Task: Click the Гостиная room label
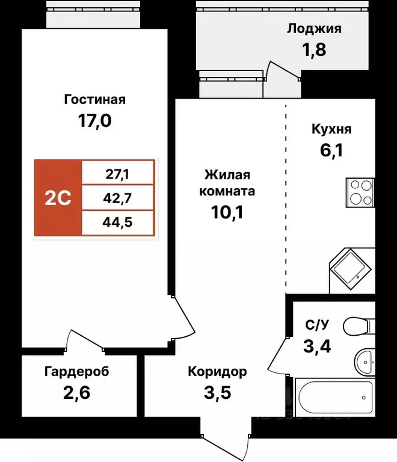tap(94, 99)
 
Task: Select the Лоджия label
tap(314, 28)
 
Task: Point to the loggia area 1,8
tap(314, 49)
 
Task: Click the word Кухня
tap(331, 129)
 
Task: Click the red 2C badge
tap(58, 198)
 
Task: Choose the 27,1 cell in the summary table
tap(118, 175)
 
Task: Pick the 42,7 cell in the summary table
tap(118, 198)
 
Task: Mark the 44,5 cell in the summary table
tap(118, 222)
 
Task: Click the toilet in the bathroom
tap(359, 327)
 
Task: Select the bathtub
tap(334, 397)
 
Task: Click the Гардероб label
tap(77, 372)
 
